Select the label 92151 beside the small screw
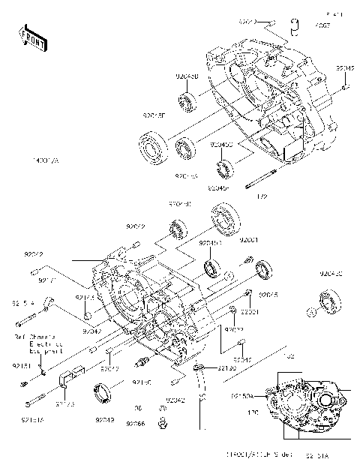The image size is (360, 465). click(21, 366)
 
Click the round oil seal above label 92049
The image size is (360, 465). click(104, 391)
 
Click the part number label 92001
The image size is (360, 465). click(248, 239)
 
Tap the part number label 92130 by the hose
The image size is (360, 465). click(227, 368)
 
